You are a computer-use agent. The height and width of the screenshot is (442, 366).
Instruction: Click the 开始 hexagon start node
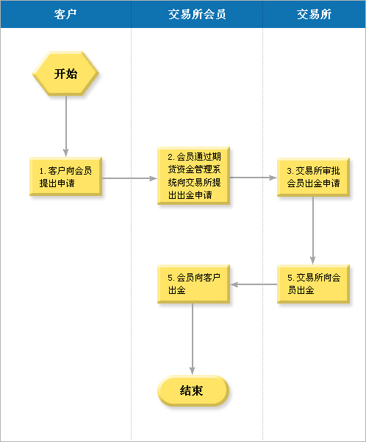tap(65, 73)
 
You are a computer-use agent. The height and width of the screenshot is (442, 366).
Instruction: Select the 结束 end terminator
tap(193, 390)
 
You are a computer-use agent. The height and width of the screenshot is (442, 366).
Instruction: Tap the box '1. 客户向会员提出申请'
tap(66, 177)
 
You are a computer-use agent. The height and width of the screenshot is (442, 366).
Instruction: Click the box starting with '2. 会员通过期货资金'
tap(193, 175)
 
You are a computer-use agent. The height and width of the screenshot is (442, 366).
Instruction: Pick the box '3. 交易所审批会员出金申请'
tap(313, 177)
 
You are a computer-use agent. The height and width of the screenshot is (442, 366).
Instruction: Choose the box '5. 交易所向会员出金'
tap(313, 284)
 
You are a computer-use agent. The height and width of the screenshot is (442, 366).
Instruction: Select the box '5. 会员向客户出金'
tap(193, 284)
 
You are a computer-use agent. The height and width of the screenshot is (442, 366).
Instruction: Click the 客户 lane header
tap(65, 14)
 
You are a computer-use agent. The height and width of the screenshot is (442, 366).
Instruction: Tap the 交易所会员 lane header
tap(197, 14)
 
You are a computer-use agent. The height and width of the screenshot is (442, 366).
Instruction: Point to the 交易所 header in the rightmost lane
tap(315, 14)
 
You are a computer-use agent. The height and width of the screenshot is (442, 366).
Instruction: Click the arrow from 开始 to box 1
tap(66, 126)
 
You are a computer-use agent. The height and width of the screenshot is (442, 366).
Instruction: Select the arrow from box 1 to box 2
tap(129, 178)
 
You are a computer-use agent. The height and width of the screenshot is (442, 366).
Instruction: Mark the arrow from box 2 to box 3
tap(254, 178)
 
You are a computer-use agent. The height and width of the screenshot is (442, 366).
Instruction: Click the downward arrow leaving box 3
tap(312, 231)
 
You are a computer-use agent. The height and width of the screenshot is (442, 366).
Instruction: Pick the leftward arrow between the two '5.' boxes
tap(254, 284)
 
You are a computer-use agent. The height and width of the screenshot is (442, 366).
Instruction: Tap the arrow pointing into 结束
tap(193, 339)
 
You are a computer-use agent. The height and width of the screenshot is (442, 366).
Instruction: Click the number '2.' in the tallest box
tap(171, 157)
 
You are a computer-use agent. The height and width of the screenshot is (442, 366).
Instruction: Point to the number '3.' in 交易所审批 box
tap(290, 171)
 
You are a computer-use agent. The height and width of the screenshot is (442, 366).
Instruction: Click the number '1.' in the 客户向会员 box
tap(43, 171)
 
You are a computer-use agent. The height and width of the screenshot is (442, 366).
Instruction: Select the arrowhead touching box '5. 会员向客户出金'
tap(234, 284)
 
